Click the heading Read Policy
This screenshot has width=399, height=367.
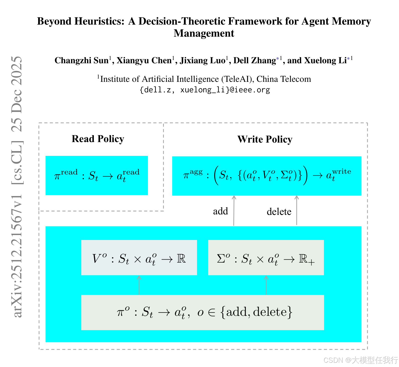coord(98,139)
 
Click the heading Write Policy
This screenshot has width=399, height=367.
coord(265,139)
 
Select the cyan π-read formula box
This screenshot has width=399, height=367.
coord(97,175)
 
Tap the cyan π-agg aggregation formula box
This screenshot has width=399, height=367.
coord(267,176)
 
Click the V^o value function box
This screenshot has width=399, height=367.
coord(139,258)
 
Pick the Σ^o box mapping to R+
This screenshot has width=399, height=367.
coord(266,258)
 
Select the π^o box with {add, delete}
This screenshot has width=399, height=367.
coord(203,312)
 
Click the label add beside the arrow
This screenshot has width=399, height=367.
coord(220,211)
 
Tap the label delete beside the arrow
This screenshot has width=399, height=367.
coord(279,212)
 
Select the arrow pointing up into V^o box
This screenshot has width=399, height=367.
coord(139,285)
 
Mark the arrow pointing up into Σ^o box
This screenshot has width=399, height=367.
coord(266,285)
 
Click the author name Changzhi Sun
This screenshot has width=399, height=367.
coord(82,60)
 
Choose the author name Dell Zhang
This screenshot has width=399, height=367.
coord(254,60)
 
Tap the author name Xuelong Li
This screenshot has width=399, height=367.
coord(325,60)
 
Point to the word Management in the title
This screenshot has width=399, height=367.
coord(204,33)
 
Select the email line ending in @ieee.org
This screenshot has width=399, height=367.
coord(205,90)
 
